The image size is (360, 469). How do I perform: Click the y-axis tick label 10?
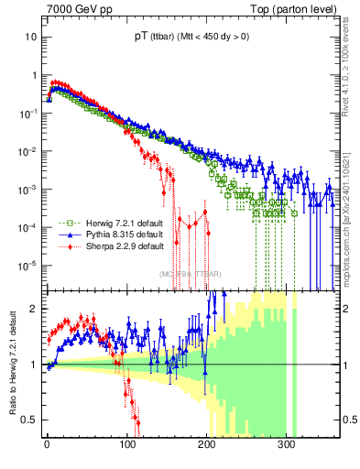click(30, 38)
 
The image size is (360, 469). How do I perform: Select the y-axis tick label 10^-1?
click(27, 114)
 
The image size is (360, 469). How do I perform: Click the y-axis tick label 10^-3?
click(27, 190)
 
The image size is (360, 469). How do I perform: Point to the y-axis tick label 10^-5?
click(27, 266)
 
